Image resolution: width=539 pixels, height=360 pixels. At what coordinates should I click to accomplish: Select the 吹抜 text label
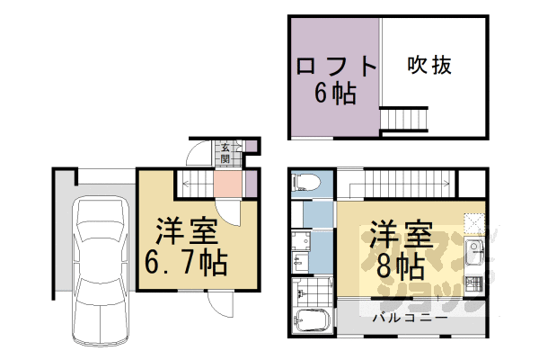pos(428,65)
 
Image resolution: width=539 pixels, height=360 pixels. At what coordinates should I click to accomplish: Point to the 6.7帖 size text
pos(186,263)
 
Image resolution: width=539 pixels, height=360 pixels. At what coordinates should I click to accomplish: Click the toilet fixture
pos(305,182)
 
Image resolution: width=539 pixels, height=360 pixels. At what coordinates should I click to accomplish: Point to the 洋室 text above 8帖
pos(400,236)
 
